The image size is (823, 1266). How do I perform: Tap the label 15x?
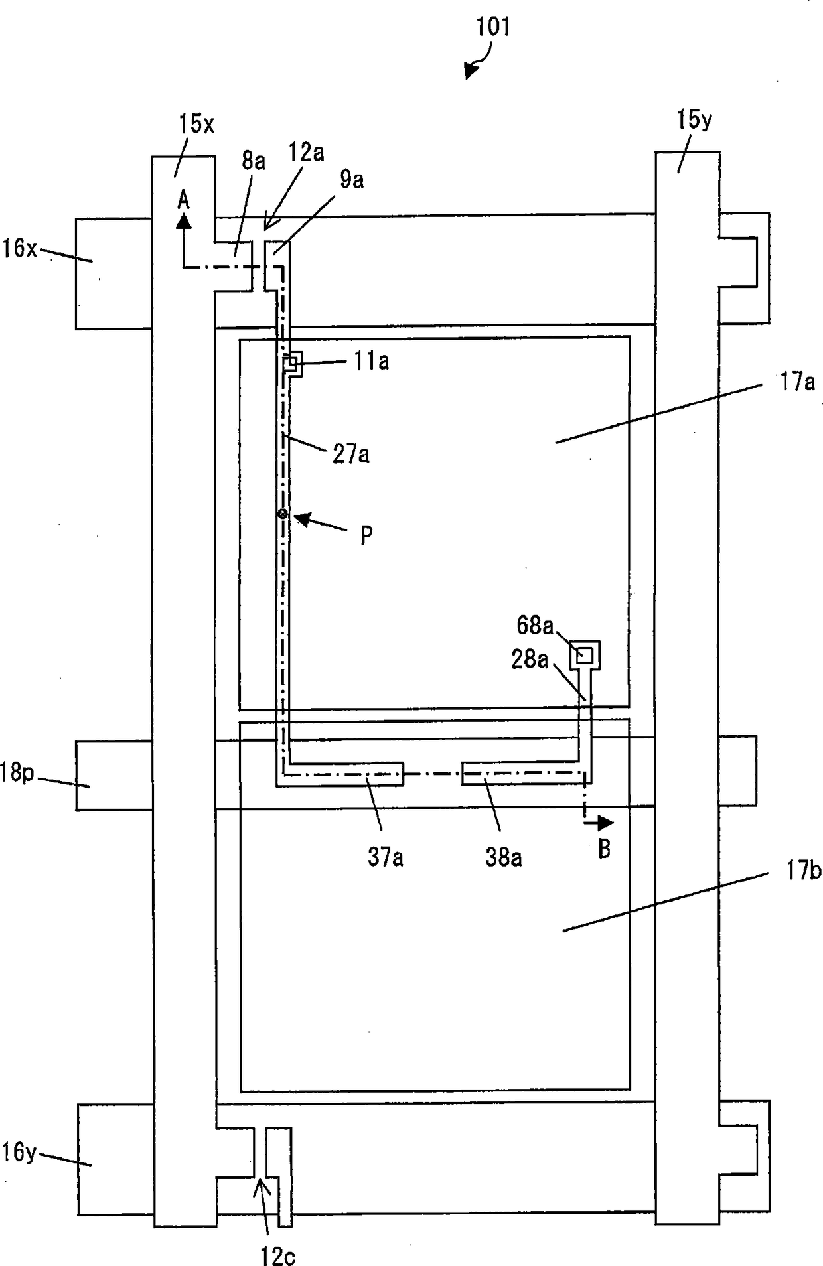[x=196, y=123]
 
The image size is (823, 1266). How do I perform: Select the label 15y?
[x=694, y=120]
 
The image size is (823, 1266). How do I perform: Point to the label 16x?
[x=19, y=249]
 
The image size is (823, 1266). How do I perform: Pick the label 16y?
[x=18, y=1152]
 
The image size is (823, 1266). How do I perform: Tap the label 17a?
[x=797, y=382]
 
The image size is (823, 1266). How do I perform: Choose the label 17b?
[x=804, y=870]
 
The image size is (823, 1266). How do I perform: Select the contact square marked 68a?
[x=585, y=656]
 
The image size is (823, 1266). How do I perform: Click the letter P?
[x=366, y=535]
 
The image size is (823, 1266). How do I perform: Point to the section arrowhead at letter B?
[x=605, y=823]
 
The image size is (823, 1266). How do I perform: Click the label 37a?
[x=386, y=857]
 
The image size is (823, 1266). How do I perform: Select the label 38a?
[x=504, y=857]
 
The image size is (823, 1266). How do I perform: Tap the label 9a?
[x=352, y=180]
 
